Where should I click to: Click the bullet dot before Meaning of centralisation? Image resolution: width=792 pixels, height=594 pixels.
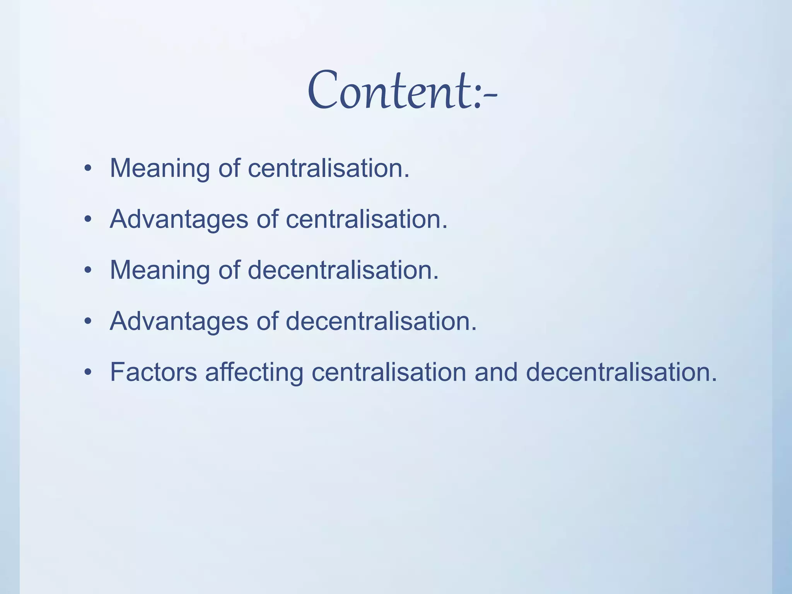click(x=88, y=169)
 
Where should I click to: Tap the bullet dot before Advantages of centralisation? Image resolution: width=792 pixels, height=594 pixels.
click(x=88, y=220)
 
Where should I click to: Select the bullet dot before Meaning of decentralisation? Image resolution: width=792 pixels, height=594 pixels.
click(x=88, y=271)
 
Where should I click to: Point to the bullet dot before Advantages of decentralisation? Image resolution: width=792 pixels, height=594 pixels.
click(x=88, y=322)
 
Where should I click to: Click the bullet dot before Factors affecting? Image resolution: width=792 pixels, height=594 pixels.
click(x=88, y=372)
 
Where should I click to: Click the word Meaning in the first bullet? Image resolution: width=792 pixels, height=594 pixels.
click(x=160, y=169)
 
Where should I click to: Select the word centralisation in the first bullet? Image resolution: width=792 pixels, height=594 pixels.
click(x=328, y=169)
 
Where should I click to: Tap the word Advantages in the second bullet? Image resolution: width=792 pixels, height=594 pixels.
click(x=179, y=220)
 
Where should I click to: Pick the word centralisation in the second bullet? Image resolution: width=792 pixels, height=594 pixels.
click(x=366, y=220)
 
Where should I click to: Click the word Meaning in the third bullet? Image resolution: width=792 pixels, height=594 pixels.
click(x=160, y=271)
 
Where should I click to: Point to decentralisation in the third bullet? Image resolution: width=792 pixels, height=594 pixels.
click(x=343, y=271)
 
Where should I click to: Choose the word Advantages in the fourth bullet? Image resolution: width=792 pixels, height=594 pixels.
click(x=179, y=322)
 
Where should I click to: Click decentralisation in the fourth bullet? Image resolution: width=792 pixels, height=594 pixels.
click(x=381, y=322)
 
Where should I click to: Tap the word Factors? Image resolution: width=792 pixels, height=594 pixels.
click(x=153, y=372)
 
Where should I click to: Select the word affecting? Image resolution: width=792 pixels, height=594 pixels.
click(x=254, y=372)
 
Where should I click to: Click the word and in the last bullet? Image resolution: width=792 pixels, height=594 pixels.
click(x=496, y=372)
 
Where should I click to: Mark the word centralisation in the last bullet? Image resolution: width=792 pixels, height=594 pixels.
click(x=389, y=372)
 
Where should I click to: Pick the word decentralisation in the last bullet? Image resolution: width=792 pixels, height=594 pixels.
click(x=621, y=372)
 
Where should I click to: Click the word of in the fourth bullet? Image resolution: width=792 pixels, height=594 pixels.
click(x=267, y=322)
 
